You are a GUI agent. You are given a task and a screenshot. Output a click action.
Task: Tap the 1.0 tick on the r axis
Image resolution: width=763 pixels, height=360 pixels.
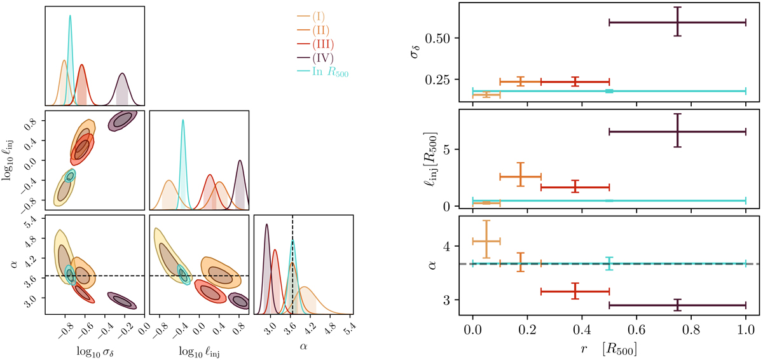pyautogui.click(x=745, y=330)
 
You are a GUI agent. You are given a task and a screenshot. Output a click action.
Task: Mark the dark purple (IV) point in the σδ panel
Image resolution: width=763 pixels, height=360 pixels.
pyautogui.click(x=677, y=22)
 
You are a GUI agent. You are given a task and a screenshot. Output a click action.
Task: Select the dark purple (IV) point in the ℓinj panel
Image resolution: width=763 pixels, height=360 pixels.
pyautogui.click(x=677, y=131)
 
